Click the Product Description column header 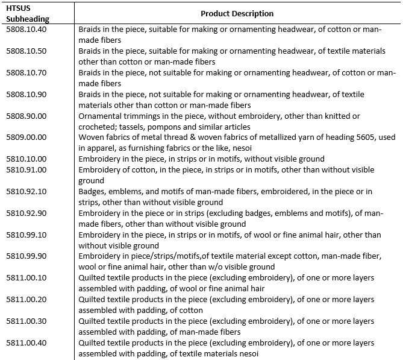(x=237, y=13)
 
